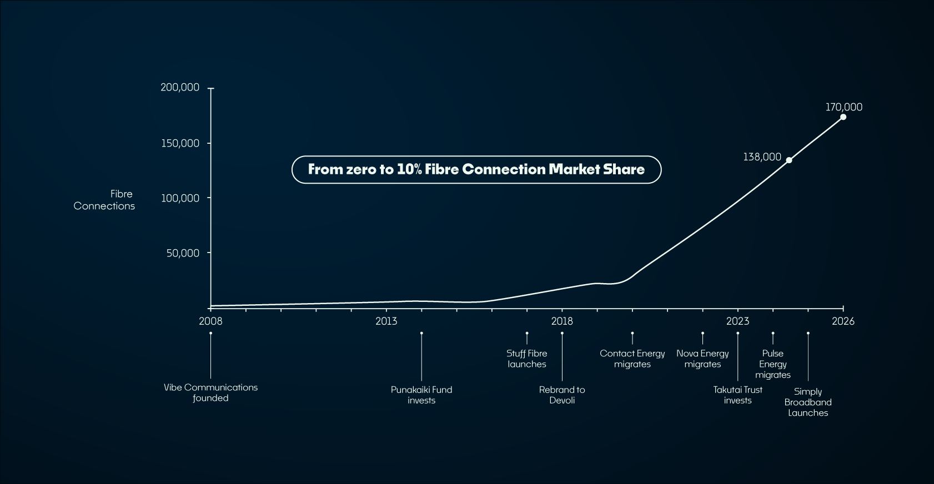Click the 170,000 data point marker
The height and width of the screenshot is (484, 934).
coord(843,117)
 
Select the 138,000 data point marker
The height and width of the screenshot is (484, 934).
coord(789,160)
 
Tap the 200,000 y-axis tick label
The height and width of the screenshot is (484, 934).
coord(180,88)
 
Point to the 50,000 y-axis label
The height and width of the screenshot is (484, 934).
coord(182,253)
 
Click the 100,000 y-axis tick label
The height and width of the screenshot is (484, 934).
coord(180,198)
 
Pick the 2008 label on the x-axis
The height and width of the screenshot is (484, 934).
coord(210,321)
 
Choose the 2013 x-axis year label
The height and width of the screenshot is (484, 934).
coord(386,321)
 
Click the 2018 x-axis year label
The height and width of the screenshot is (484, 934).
coord(562,321)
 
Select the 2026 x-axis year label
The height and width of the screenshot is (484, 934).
coord(843,321)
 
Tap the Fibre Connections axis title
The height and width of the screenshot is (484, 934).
coord(104,200)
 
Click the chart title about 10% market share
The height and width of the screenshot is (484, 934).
coord(476,169)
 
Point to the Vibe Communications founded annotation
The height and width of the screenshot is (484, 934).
coord(210,392)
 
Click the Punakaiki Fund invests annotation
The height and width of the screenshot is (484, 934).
coord(421,395)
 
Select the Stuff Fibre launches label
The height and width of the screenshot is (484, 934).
coord(527,359)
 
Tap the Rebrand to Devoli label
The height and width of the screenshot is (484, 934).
coord(562,395)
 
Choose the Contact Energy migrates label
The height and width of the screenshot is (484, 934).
coord(632,359)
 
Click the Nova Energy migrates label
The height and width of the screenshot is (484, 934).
coord(702,359)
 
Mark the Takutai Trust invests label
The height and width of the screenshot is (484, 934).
coord(737,395)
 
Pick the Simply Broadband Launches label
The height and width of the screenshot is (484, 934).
coord(808,402)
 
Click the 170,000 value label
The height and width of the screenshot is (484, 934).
coord(843,107)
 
